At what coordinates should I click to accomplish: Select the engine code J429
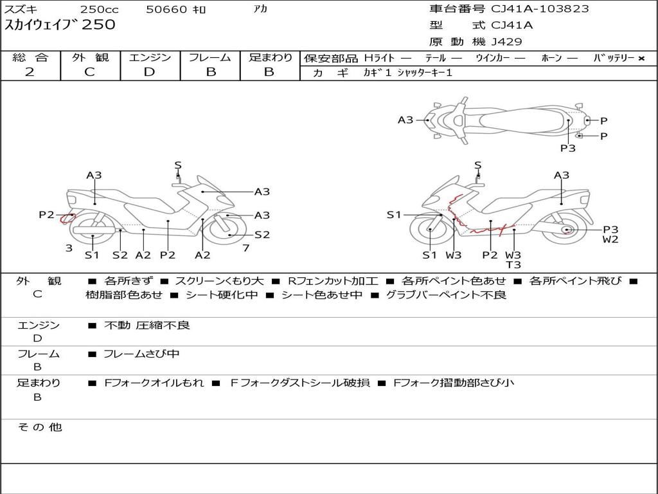[x=507, y=42]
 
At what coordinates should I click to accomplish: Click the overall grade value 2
[x=30, y=72]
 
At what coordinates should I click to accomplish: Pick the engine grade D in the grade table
[x=149, y=72]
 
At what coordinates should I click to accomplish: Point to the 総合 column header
[x=30, y=58]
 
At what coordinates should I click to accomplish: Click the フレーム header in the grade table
[x=210, y=58]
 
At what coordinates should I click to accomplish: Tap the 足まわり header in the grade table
[x=270, y=58]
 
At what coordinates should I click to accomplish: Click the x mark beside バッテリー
[x=641, y=59]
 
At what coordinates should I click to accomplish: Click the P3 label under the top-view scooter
[x=567, y=149]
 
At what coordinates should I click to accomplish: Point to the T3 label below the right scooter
[x=513, y=265]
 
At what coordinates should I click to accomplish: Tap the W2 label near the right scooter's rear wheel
[x=610, y=240]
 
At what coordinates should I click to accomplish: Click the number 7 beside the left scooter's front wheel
[x=246, y=248]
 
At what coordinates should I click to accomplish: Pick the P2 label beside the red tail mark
[x=46, y=215]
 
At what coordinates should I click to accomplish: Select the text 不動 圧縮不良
[x=147, y=325]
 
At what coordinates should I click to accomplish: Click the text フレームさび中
[x=141, y=354]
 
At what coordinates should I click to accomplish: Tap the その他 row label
[x=39, y=427]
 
